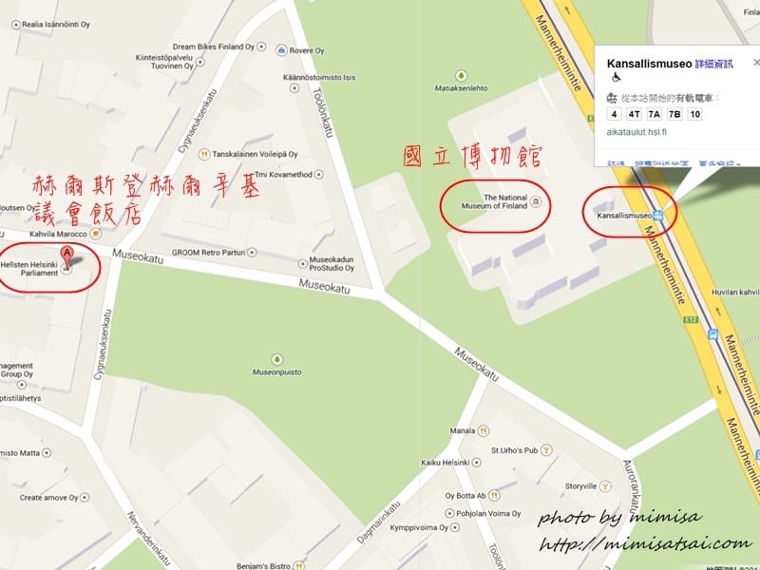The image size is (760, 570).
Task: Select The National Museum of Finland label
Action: pos(491,201)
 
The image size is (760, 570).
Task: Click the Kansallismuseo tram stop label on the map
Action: pos(622,215)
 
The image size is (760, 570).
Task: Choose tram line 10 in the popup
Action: pos(694,114)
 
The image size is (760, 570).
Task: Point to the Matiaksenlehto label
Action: pos(462,93)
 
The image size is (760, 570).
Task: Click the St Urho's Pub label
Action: pos(513,449)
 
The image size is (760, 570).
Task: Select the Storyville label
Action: pos(579,485)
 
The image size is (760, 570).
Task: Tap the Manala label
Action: pos(463,430)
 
